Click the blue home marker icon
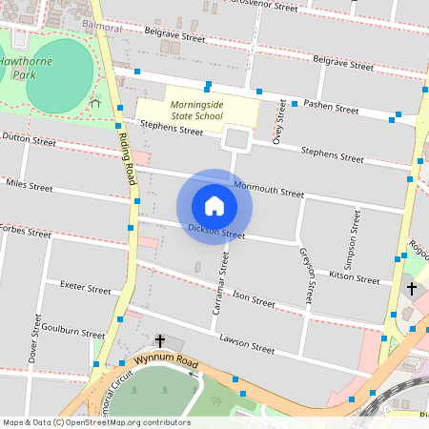214,206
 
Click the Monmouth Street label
269,189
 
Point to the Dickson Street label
216,232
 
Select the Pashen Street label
331,108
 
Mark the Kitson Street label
354,277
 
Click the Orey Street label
278,126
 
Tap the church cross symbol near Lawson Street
159,341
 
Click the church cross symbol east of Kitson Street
412,288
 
